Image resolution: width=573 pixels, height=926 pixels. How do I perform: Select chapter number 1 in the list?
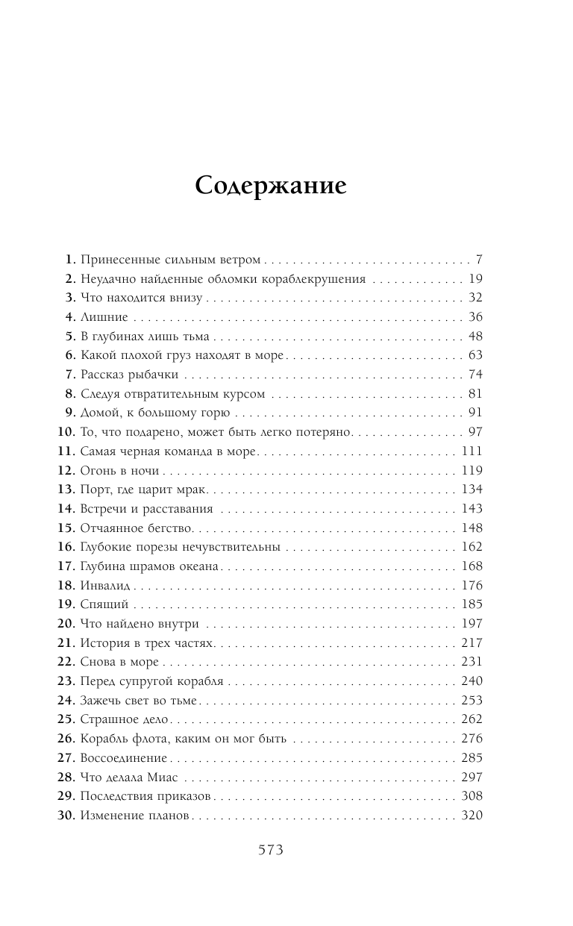(x=70, y=260)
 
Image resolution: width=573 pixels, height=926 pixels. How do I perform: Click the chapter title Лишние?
(x=98, y=316)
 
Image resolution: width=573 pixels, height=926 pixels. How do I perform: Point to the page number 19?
(x=475, y=279)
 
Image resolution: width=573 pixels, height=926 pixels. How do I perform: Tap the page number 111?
(x=472, y=451)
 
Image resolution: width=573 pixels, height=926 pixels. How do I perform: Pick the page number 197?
(x=472, y=624)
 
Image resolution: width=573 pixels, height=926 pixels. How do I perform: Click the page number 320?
(x=472, y=816)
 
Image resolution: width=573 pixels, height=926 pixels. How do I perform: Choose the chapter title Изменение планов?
(x=135, y=816)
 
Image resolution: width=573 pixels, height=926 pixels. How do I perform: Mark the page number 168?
(x=472, y=566)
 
